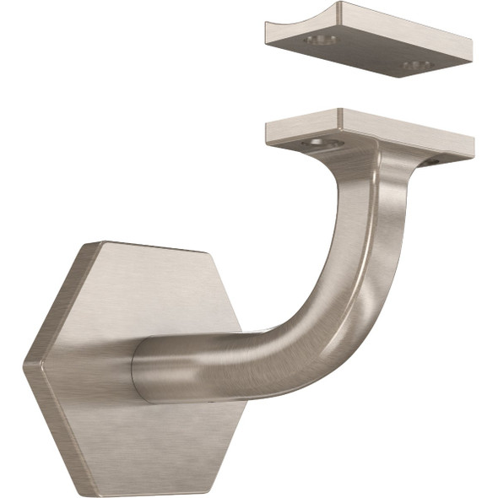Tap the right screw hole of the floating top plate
(417, 65)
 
